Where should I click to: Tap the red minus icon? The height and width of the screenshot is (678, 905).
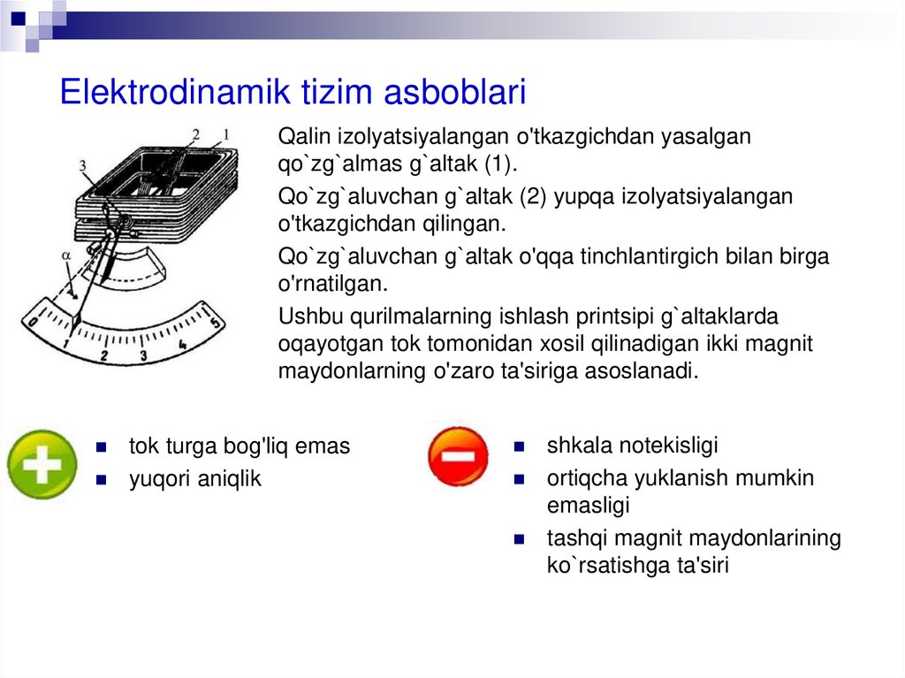(x=458, y=457)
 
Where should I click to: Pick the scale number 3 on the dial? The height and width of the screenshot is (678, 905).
(x=144, y=357)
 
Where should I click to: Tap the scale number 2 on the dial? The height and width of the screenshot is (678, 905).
(x=104, y=356)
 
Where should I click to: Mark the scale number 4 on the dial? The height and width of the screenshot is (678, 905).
(x=181, y=346)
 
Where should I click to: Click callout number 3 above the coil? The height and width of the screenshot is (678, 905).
(x=82, y=164)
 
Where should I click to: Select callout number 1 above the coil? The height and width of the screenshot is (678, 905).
(x=225, y=134)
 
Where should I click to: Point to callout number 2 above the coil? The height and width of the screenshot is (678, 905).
(x=196, y=135)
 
